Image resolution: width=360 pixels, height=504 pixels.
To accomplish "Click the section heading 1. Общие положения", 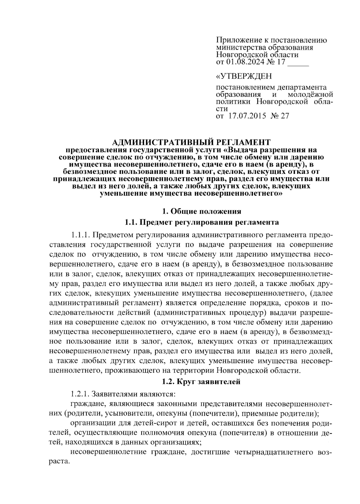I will coord(201,211).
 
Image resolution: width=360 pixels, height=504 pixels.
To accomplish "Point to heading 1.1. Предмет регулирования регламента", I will coord(201,222).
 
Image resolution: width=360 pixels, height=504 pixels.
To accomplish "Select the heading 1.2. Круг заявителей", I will coord(201,382).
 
